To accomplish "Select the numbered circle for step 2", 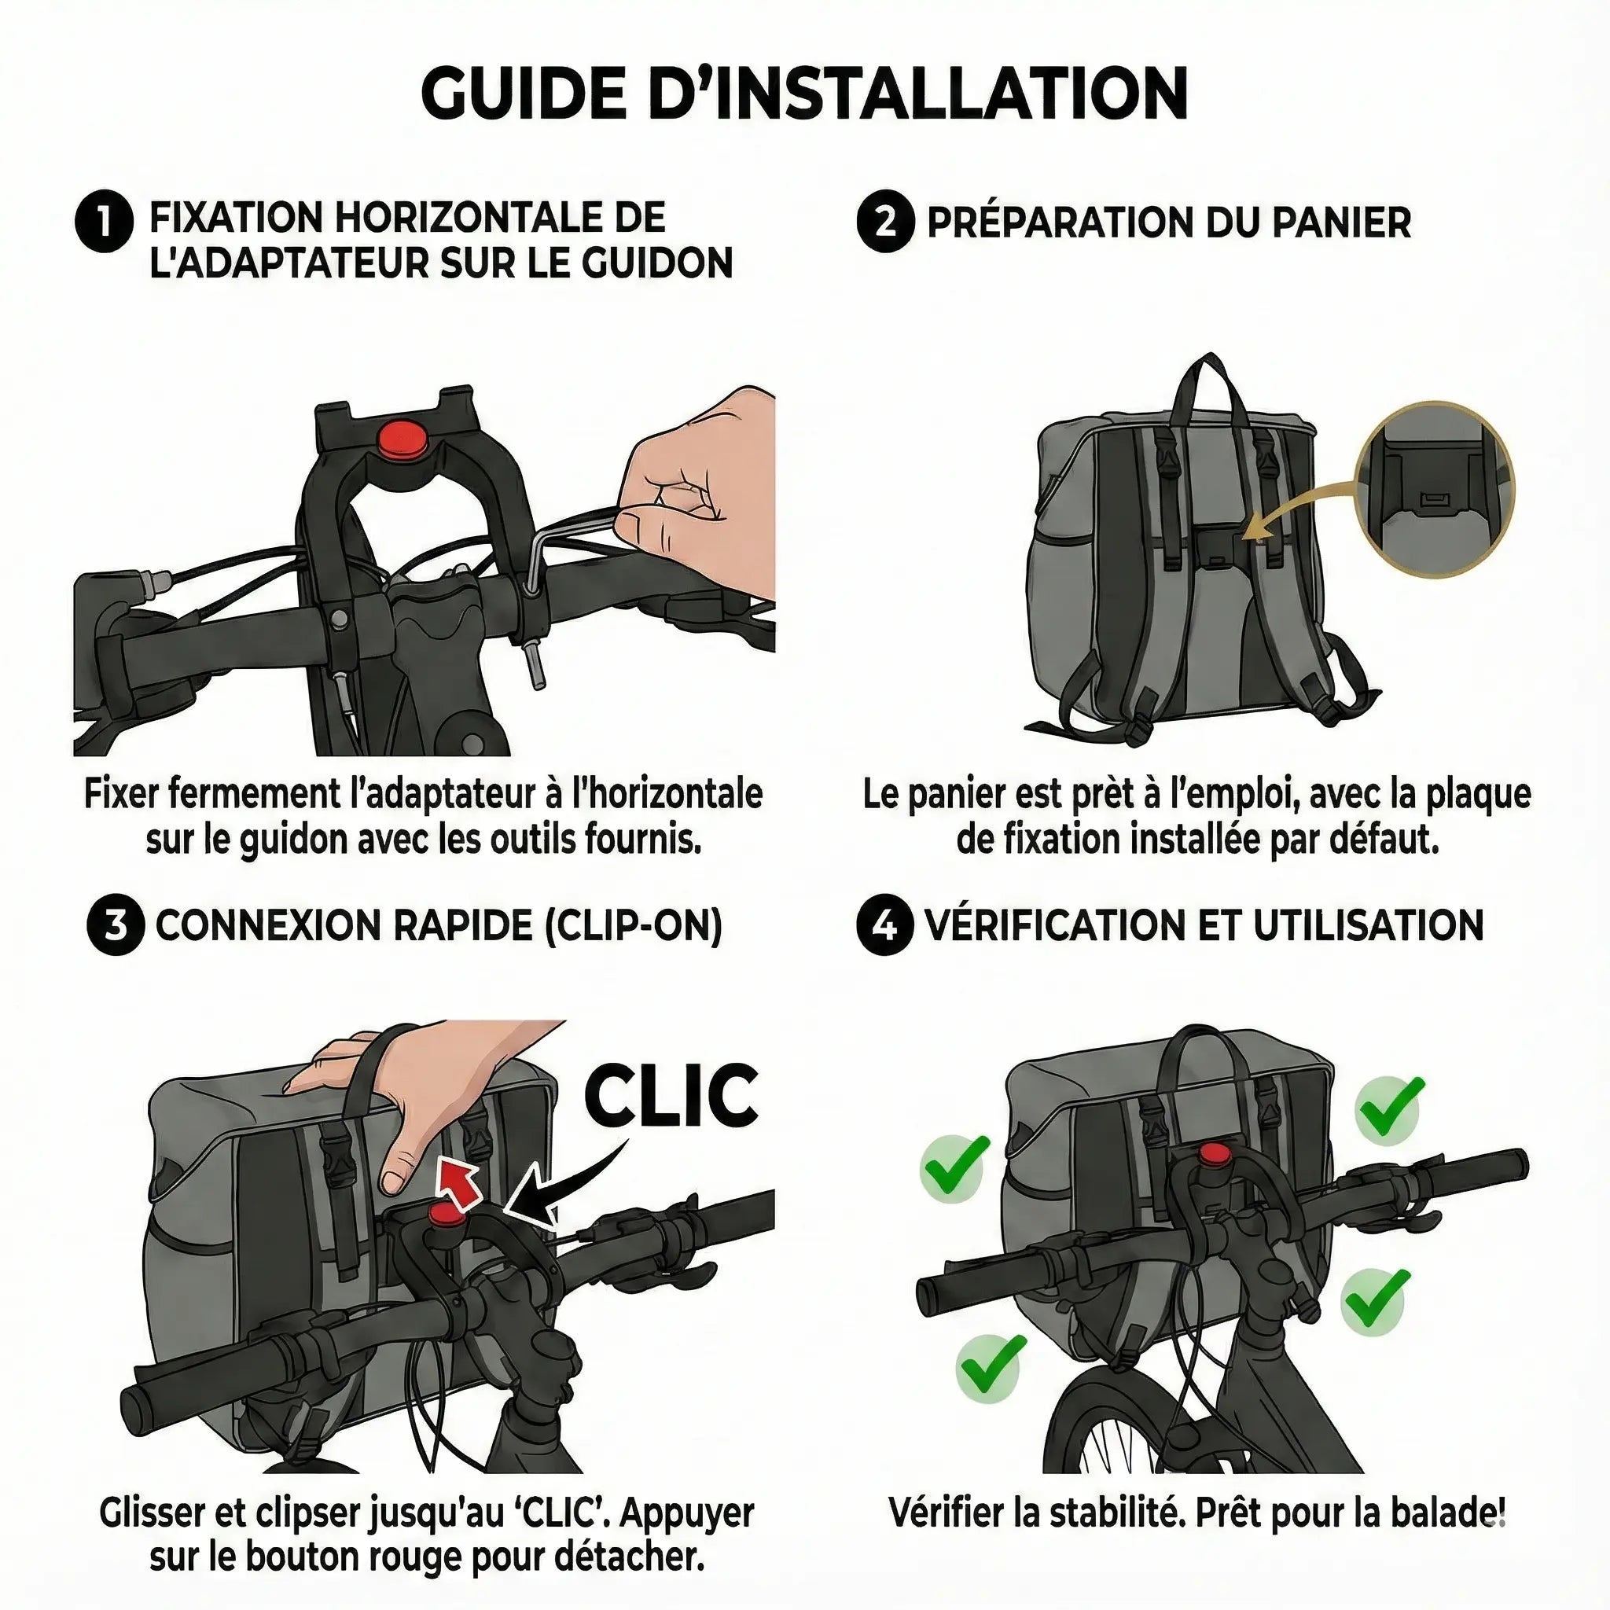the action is coord(886,222).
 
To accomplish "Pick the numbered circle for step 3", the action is coord(116,926).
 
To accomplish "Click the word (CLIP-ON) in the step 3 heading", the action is coord(633,927).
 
